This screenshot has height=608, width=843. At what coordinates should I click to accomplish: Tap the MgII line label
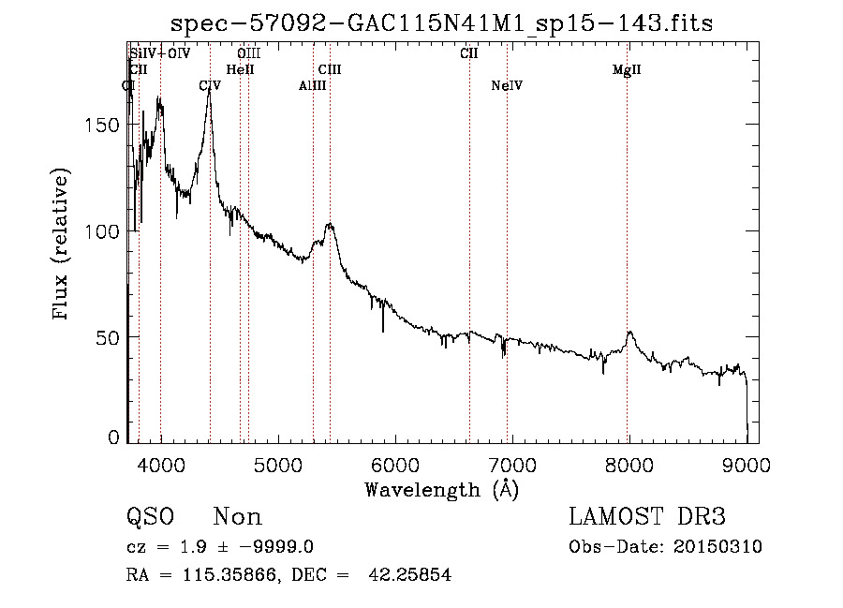pyautogui.click(x=627, y=70)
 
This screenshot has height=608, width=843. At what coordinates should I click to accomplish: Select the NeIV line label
pyautogui.click(x=506, y=86)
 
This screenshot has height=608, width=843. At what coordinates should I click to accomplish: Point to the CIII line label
pyautogui.click(x=330, y=70)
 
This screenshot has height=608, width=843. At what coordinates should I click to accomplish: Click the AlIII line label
pyautogui.click(x=312, y=86)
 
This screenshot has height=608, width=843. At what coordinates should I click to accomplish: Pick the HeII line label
pyautogui.click(x=241, y=70)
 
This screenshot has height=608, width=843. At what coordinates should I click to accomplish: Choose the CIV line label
pyautogui.click(x=210, y=86)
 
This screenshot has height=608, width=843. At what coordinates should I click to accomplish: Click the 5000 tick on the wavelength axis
pyautogui.click(x=277, y=462)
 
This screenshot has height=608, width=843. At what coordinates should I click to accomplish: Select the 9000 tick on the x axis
pyautogui.click(x=747, y=462)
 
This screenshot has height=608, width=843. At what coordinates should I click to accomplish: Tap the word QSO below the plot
pyautogui.click(x=150, y=517)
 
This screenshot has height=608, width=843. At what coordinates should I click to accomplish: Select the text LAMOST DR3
pyautogui.click(x=647, y=517)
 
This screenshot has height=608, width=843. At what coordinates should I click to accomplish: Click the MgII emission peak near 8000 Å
pyautogui.click(x=630, y=333)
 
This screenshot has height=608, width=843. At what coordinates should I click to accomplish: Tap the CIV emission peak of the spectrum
pyautogui.click(x=209, y=93)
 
